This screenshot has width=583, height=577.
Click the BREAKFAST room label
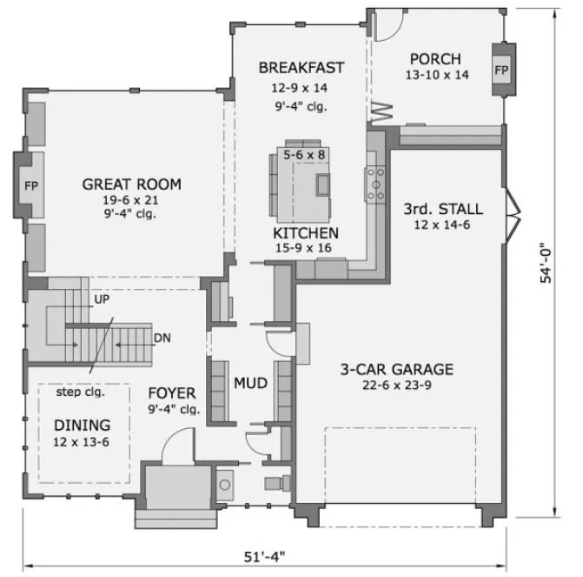(301, 67)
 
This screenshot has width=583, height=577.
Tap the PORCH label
(437, 58)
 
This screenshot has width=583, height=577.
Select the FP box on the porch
(502, 70)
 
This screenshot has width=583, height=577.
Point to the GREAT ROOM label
(131, 184)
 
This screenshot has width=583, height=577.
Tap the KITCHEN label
(306, 233)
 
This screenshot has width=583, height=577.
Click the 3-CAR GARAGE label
(396, 368)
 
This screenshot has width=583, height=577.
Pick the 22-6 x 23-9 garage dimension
(396, 385)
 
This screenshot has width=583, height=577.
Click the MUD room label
(249, 383)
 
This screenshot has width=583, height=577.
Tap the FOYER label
(171, 392)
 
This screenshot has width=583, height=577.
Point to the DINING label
(83, 425)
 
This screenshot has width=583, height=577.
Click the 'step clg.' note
(82, 392)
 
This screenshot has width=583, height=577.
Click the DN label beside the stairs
(162, 338)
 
